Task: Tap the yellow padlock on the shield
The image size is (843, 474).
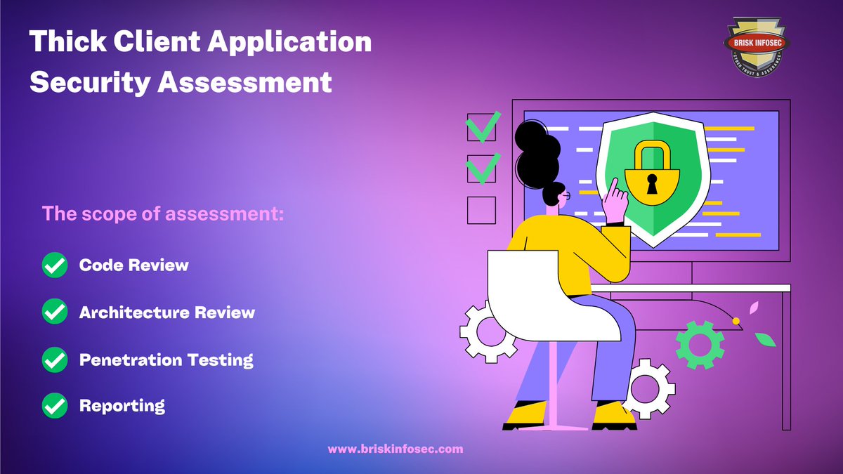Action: tap(653, 176)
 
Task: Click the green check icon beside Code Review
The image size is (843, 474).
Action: tap(55, 265)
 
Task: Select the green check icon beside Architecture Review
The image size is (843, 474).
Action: tap(55, 312)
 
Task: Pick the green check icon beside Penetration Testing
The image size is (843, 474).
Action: tap(55, 360)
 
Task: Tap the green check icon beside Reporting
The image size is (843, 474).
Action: tap(55, 406)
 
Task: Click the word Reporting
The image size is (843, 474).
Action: tap(122, 406)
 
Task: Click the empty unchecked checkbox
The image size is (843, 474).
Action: tap(481, 210)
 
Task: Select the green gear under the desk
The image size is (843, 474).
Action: tap(700, 345)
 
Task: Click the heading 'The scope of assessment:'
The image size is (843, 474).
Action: tap(163, 214)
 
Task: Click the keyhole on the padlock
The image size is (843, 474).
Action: tap(653, 185)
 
